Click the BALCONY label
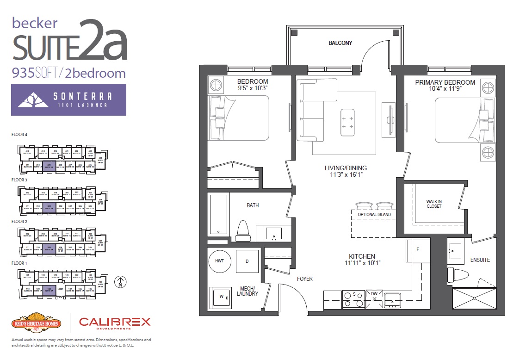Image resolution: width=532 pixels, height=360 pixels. tap(340, 43)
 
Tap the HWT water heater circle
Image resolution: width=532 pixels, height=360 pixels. tap(219, 261)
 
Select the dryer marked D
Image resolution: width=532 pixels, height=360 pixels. tap(247, 261)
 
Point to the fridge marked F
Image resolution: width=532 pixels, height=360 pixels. tap(418, 250)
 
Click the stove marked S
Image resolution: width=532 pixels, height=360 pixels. tap(353, 299)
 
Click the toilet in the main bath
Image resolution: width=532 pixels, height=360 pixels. tap(243, 231)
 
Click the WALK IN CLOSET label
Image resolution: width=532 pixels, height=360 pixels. tap(433, 204)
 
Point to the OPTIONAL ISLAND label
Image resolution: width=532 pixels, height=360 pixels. tap(374, 215)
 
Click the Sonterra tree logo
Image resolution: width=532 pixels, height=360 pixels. tap(36, 99)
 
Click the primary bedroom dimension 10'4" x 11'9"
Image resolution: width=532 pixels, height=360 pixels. tap(445, 89)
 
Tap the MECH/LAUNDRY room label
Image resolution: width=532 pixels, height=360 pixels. tap(247, 291)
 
